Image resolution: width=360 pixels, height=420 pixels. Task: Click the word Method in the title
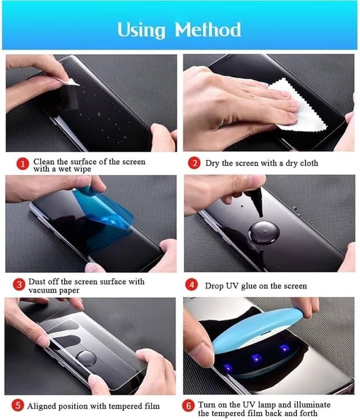pos(208,29)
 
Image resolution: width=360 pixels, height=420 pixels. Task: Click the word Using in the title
pos(141,30)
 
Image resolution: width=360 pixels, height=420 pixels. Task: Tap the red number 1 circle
pos(23,164)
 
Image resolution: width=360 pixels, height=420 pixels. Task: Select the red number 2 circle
pos(194,163)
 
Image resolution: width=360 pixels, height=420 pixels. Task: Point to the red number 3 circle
pos(19,284)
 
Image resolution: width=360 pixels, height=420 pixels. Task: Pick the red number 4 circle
pos(192,285)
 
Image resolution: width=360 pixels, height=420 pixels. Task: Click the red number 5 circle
pos(18,405)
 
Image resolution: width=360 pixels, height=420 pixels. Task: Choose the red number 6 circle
pos(188,406)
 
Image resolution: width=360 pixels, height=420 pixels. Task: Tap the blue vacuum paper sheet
pos(105,212)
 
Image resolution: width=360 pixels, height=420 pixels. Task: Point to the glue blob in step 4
pos(264,232)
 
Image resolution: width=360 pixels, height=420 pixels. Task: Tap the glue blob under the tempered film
pos(86,358)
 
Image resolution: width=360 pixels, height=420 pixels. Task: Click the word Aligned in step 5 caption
pos(41,407)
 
